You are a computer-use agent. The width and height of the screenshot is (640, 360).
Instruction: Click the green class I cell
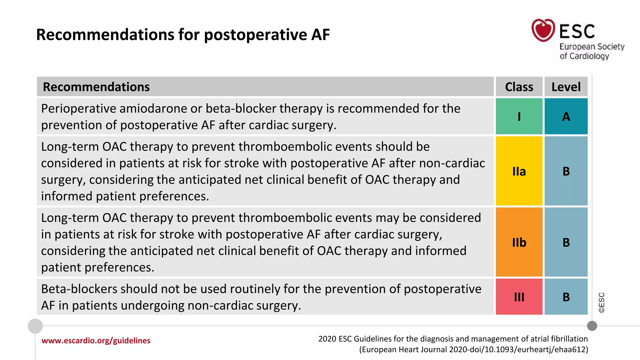[519, 116]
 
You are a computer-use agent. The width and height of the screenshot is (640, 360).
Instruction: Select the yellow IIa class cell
[519, 171]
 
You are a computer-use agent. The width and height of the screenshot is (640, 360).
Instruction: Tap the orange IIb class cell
[519, 242]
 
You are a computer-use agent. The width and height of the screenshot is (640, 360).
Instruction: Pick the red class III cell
[519, 297]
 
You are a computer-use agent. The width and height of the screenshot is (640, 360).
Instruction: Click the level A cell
[566, 116]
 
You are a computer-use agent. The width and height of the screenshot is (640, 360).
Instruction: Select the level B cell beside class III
[566, 297]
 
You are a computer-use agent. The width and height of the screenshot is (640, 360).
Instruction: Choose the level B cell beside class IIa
[566, 171]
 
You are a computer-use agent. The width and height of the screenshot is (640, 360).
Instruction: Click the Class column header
[519, 87]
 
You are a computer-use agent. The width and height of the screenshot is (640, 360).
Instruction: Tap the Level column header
[566, 87]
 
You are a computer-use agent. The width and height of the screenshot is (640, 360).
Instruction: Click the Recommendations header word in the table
[96, 87]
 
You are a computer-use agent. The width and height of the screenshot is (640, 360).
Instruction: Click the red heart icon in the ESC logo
[543, 30]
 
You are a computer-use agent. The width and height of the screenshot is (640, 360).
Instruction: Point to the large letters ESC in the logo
[577, 31]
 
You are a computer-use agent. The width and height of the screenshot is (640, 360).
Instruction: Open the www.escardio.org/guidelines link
[96, 340]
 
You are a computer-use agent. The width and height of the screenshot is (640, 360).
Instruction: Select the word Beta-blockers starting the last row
[79, 289]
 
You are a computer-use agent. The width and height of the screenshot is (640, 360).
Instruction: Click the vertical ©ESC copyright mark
[602, 302]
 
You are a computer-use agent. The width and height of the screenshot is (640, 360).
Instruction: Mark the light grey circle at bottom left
[35, 326]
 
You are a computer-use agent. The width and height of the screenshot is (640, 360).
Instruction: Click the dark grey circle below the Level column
[592, 326]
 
